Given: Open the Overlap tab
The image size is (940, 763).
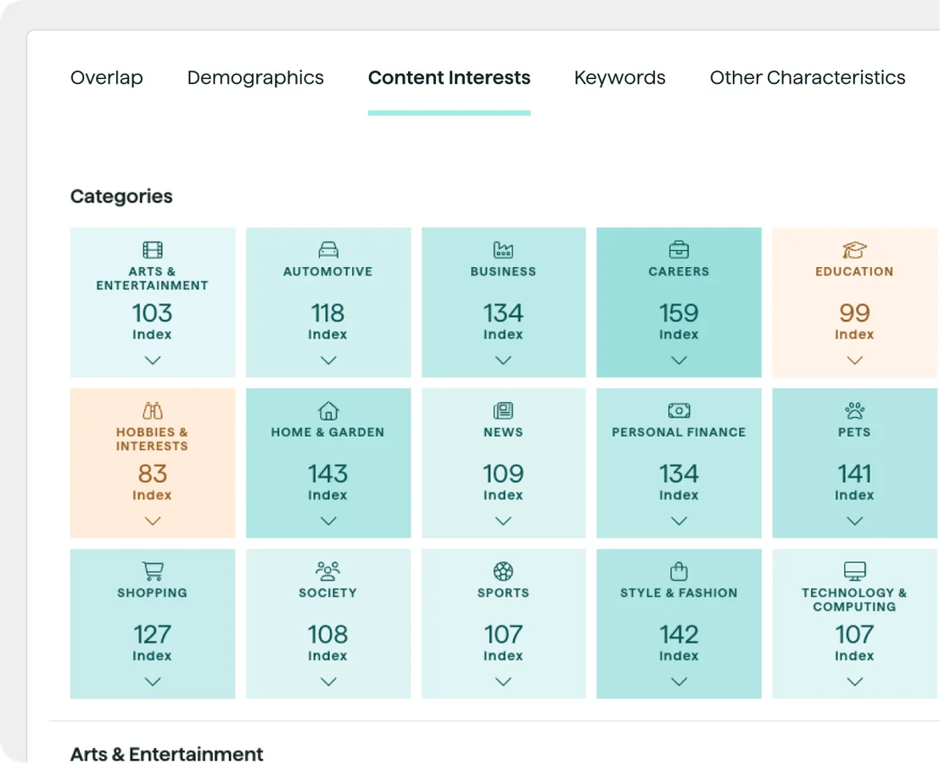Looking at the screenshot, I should click(106, 78).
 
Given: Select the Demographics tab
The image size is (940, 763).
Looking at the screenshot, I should click(255, 78).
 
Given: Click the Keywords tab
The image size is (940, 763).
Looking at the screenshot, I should click(619, 78).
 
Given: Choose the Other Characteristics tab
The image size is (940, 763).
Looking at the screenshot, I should click(807, 78).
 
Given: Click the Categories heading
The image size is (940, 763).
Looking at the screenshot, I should click(121, 197).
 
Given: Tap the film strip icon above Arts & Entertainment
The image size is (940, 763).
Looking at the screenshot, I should click(153, 250).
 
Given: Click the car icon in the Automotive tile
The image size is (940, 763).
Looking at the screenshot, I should click(328, 250).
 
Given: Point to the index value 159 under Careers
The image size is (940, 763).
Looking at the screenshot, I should click(679, 313).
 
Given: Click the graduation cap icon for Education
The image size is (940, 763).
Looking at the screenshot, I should click(854, 250).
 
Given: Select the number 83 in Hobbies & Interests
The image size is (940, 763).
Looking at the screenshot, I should click(153, 474).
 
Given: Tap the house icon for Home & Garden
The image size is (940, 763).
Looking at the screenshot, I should click(328, 411).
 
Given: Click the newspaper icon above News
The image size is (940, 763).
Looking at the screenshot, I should click(503, 411).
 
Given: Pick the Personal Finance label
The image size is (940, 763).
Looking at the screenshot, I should click(679, 432).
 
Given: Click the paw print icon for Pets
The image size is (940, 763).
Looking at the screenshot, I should click(854, 411).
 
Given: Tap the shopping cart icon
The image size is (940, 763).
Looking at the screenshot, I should click(153, 571).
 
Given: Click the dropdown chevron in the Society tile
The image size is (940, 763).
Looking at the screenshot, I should click(328, 682).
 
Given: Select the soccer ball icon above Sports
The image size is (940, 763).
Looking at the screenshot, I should click(503, 571).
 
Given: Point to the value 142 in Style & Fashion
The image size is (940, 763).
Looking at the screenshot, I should click(679, 634).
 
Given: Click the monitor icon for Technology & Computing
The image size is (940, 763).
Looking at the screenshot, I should click(854, 571).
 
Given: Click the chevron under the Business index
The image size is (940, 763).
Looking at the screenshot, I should click(503, 360).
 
